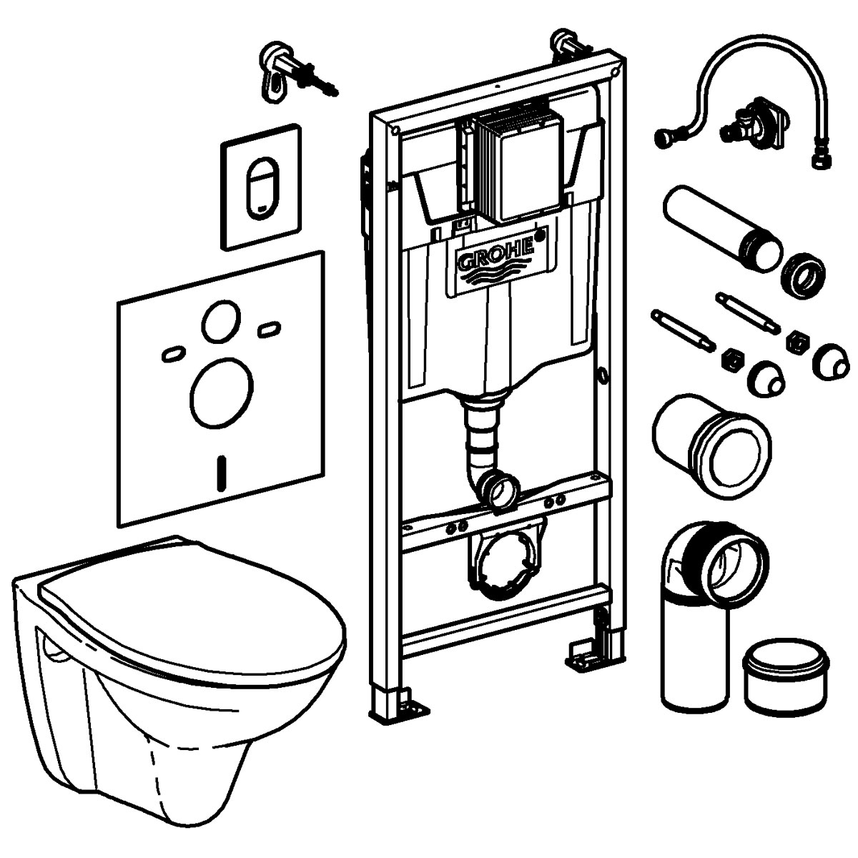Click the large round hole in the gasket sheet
[222, 390]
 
